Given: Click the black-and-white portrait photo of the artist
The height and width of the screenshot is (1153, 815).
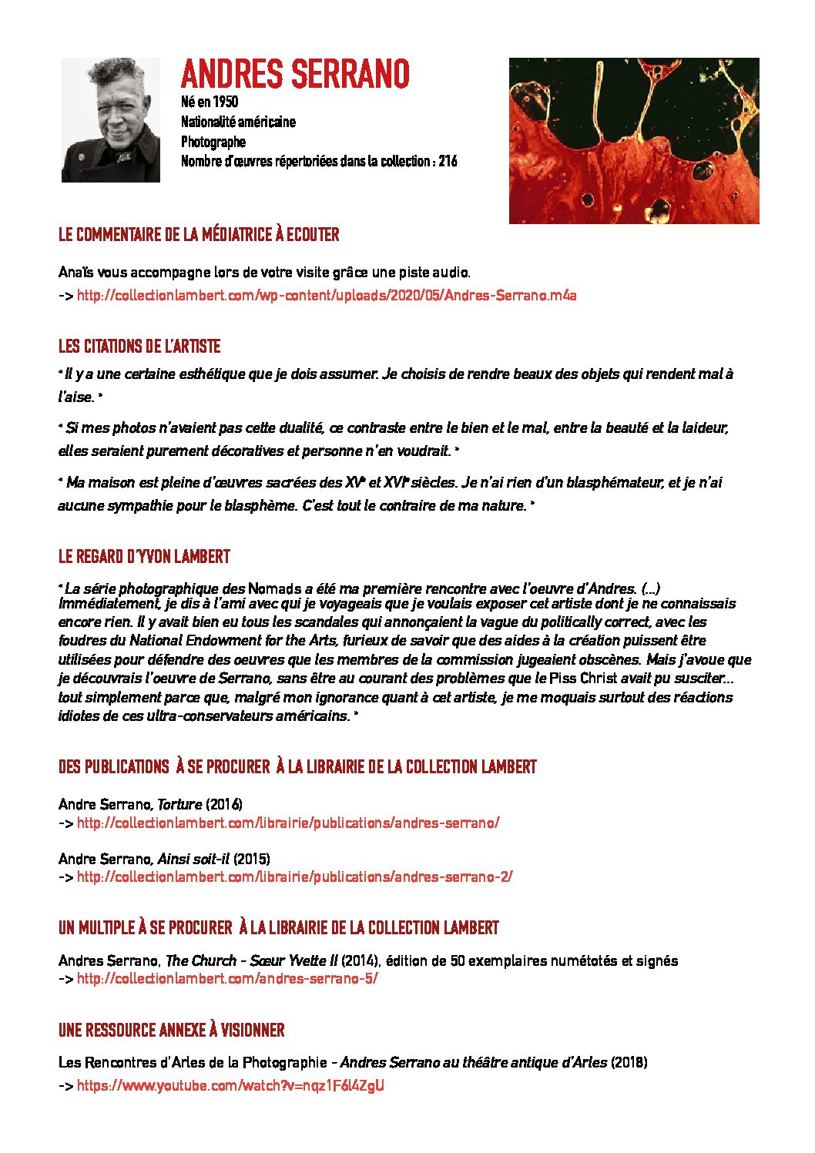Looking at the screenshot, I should point(111,120).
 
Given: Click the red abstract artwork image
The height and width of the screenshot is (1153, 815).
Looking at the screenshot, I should point(634,141).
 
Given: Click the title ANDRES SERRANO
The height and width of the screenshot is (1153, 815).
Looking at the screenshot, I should point(295,75).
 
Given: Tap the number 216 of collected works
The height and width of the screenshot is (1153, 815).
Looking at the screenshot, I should point(448,161).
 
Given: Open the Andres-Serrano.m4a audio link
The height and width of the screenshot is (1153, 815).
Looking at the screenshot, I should point(327,295).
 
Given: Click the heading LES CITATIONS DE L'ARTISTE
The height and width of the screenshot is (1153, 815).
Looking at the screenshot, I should point(139,347).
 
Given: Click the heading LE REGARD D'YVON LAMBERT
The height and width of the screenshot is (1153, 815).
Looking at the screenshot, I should point(144,556).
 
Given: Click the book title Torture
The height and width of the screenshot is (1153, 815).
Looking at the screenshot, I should point(179,804).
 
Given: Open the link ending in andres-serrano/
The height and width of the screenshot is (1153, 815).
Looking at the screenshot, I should point(288,823).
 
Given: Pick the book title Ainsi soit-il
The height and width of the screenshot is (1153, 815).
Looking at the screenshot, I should point(193,858).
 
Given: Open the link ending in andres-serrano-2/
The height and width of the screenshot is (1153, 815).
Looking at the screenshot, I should point(294,876).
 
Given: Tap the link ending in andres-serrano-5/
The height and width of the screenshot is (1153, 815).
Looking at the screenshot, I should point(227,979).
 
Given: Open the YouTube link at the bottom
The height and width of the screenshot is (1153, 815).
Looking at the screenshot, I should point(230,1086).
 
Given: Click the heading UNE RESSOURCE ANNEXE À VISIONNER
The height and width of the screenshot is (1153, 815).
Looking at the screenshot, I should point(171,1031).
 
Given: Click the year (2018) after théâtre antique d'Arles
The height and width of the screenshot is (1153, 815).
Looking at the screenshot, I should point(629,1063).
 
